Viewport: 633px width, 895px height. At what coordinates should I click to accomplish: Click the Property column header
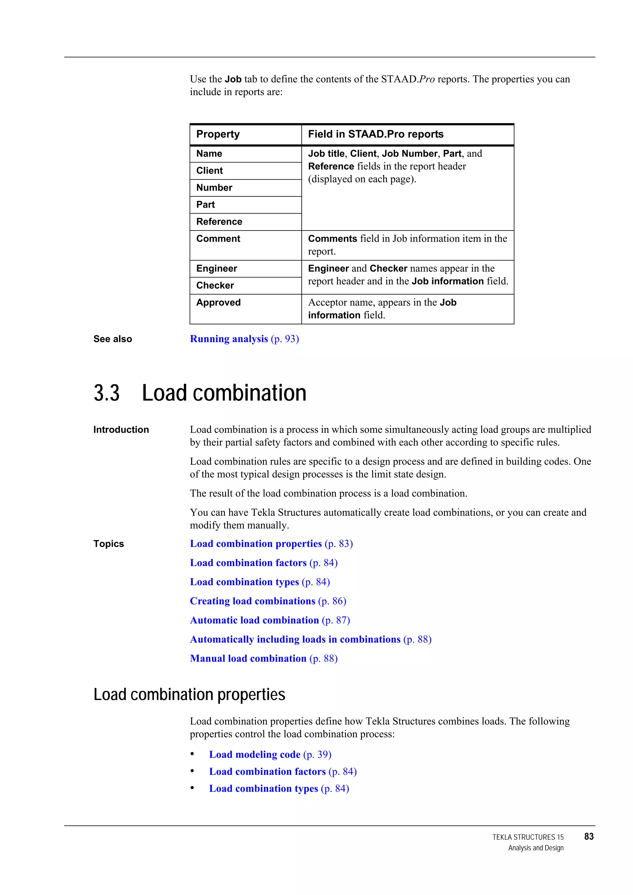[218, 134]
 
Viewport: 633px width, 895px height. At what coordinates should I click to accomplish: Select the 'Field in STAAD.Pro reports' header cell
[376, 134]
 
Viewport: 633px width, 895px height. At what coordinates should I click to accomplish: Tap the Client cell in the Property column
[210, 171]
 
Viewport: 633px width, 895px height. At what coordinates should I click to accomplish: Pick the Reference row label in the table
[219, 222]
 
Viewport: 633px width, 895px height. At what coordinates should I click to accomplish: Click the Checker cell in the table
[215, 286]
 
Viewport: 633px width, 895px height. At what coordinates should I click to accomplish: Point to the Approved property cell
[219, 303]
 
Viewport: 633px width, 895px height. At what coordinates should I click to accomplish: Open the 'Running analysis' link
[229, 339]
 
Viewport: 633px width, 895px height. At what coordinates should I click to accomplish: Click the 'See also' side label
[113, 339]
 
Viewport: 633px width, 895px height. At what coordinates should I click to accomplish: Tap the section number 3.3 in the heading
[106, 393]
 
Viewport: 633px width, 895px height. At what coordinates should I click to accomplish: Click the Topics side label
[108, 544]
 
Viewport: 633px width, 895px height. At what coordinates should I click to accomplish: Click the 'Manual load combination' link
[248, 659]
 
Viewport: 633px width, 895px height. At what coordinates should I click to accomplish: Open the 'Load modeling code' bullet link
[255, 755]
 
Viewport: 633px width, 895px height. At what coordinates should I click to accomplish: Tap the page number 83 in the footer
[588, 837]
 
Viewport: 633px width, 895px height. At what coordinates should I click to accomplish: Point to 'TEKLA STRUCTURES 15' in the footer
[528, 837]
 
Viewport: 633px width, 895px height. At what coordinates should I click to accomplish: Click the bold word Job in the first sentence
[233, 79]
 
